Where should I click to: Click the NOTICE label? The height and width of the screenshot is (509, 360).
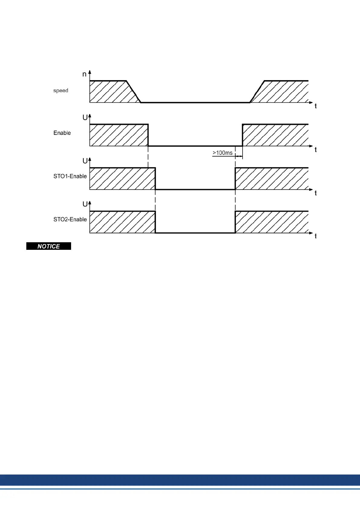[49, 246]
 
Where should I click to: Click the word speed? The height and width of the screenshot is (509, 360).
[61, 90]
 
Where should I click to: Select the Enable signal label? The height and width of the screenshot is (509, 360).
[62, 133]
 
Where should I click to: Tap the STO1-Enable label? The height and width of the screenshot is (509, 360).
[70, 176]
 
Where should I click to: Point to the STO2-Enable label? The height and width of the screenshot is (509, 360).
[70, 219]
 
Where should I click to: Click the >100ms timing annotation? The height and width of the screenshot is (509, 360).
[223, 153]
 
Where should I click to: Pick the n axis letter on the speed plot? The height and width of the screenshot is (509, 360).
[84, 74]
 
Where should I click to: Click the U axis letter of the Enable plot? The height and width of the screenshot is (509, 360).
[85, 118]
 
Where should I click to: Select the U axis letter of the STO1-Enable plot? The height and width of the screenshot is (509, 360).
[85, 161]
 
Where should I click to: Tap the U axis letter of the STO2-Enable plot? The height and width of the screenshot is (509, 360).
[85, 204]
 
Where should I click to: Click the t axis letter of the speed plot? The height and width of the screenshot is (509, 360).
[316, 106]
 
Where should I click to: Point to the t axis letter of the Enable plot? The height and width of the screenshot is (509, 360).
[316, 150]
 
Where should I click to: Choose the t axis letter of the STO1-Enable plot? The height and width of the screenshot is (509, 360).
[316, 193]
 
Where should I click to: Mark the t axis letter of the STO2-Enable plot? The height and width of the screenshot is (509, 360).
[316, 236]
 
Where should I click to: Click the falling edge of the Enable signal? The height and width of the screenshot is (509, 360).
[148, 135]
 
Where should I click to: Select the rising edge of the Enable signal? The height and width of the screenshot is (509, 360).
[242, 135]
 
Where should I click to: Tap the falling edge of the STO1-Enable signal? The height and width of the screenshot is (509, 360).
[155, 178]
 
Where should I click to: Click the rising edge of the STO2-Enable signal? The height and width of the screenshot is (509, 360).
[235, 222]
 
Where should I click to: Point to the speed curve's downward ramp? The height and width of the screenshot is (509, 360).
[133, 92]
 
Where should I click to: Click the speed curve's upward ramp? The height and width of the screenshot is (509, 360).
[257, 92]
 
